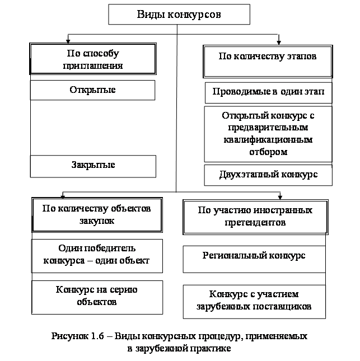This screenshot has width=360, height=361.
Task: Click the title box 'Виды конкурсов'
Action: click(179, 15)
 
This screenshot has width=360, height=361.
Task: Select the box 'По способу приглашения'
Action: click(92, 60)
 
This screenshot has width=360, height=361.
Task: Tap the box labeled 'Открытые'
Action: click(92, 90)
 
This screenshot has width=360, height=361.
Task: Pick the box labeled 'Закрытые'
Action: click(92, 166)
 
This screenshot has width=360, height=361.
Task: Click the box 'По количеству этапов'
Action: click(268, 60)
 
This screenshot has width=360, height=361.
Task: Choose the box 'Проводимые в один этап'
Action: click(268, 92)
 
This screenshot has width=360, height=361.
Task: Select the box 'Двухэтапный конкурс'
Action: click(268, 175)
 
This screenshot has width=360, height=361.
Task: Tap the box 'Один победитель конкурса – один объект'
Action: click(97, 255)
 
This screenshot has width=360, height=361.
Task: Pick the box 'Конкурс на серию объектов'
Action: click(97, 297)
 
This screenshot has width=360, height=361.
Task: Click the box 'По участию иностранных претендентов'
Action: click(255, 217)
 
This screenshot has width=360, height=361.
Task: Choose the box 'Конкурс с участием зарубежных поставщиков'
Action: click(255, 301)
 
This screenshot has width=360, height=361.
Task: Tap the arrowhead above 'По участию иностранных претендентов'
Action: click(280, 196)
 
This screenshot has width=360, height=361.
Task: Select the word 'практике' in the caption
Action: click(211, 348)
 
